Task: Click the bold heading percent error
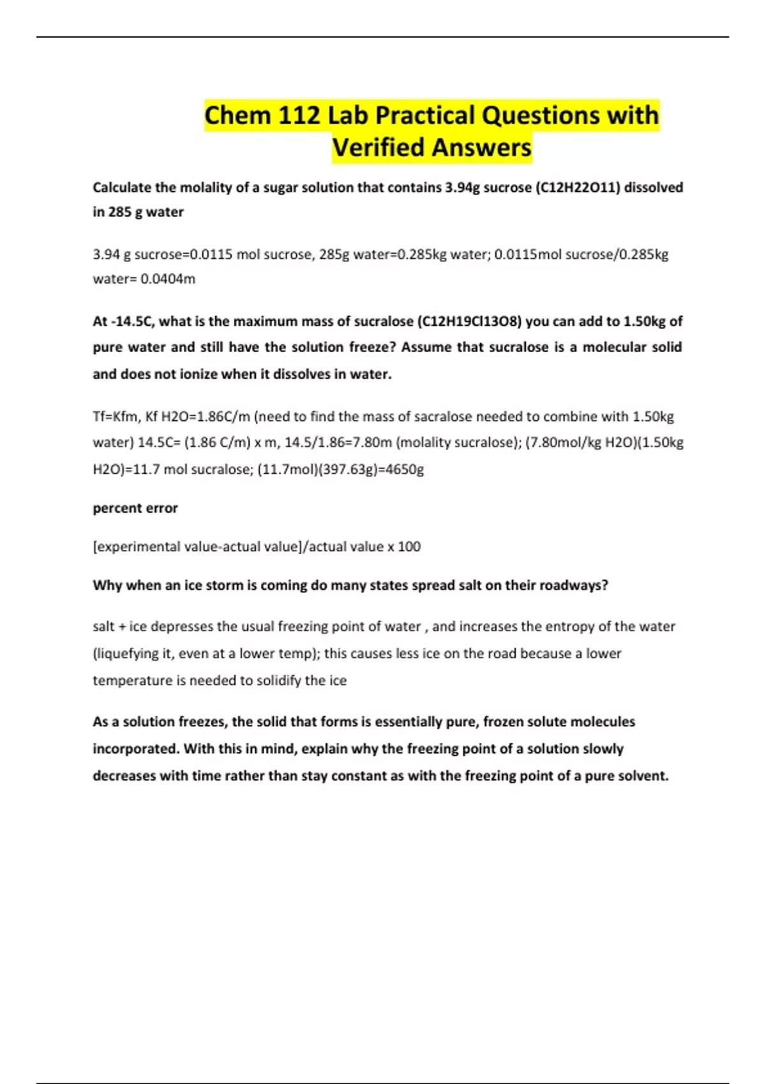point(135,508)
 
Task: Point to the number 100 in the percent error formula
point(409,546)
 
